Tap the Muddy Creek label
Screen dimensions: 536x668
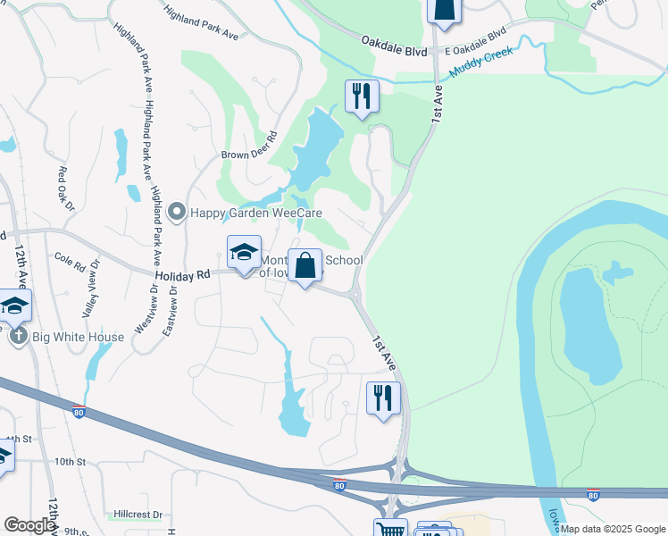pyautogui.click(x=482, y=62)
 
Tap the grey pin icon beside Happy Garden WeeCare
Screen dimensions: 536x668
pyautogui.click(x=176, y=213)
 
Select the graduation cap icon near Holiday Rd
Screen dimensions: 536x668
pyautogui.click(x=243, y=253)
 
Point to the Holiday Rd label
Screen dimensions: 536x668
pyautogui.click(x=181, y=277)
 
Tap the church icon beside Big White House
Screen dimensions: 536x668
pyautogui.click(x=18, y=337)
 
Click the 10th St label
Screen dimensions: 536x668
pyautogui.click(x=69, y=462)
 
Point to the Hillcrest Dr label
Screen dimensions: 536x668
pyautogui.click(x=138, y=515)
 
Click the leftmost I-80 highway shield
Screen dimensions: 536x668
pyautogui.click(x=79, y=410)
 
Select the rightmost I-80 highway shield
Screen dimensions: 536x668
pyautogui.click(x=593, y=494)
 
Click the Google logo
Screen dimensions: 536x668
pyautogui.click(x=29, y=525)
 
